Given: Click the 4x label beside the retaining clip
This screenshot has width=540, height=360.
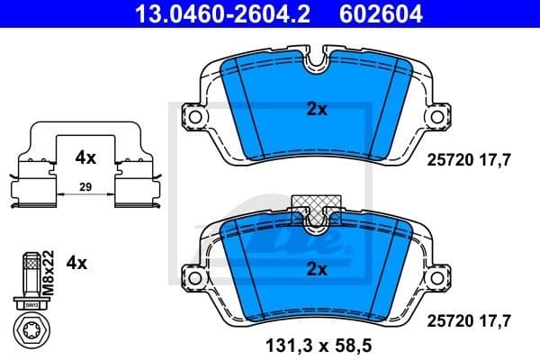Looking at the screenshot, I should click(85, 157).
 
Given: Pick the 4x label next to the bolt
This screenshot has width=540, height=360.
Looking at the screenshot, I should click(77, 264).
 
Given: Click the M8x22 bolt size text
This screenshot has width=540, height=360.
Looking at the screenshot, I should click(50, 269).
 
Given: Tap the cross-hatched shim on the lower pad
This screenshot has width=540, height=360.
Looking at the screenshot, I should click(316, 203).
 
